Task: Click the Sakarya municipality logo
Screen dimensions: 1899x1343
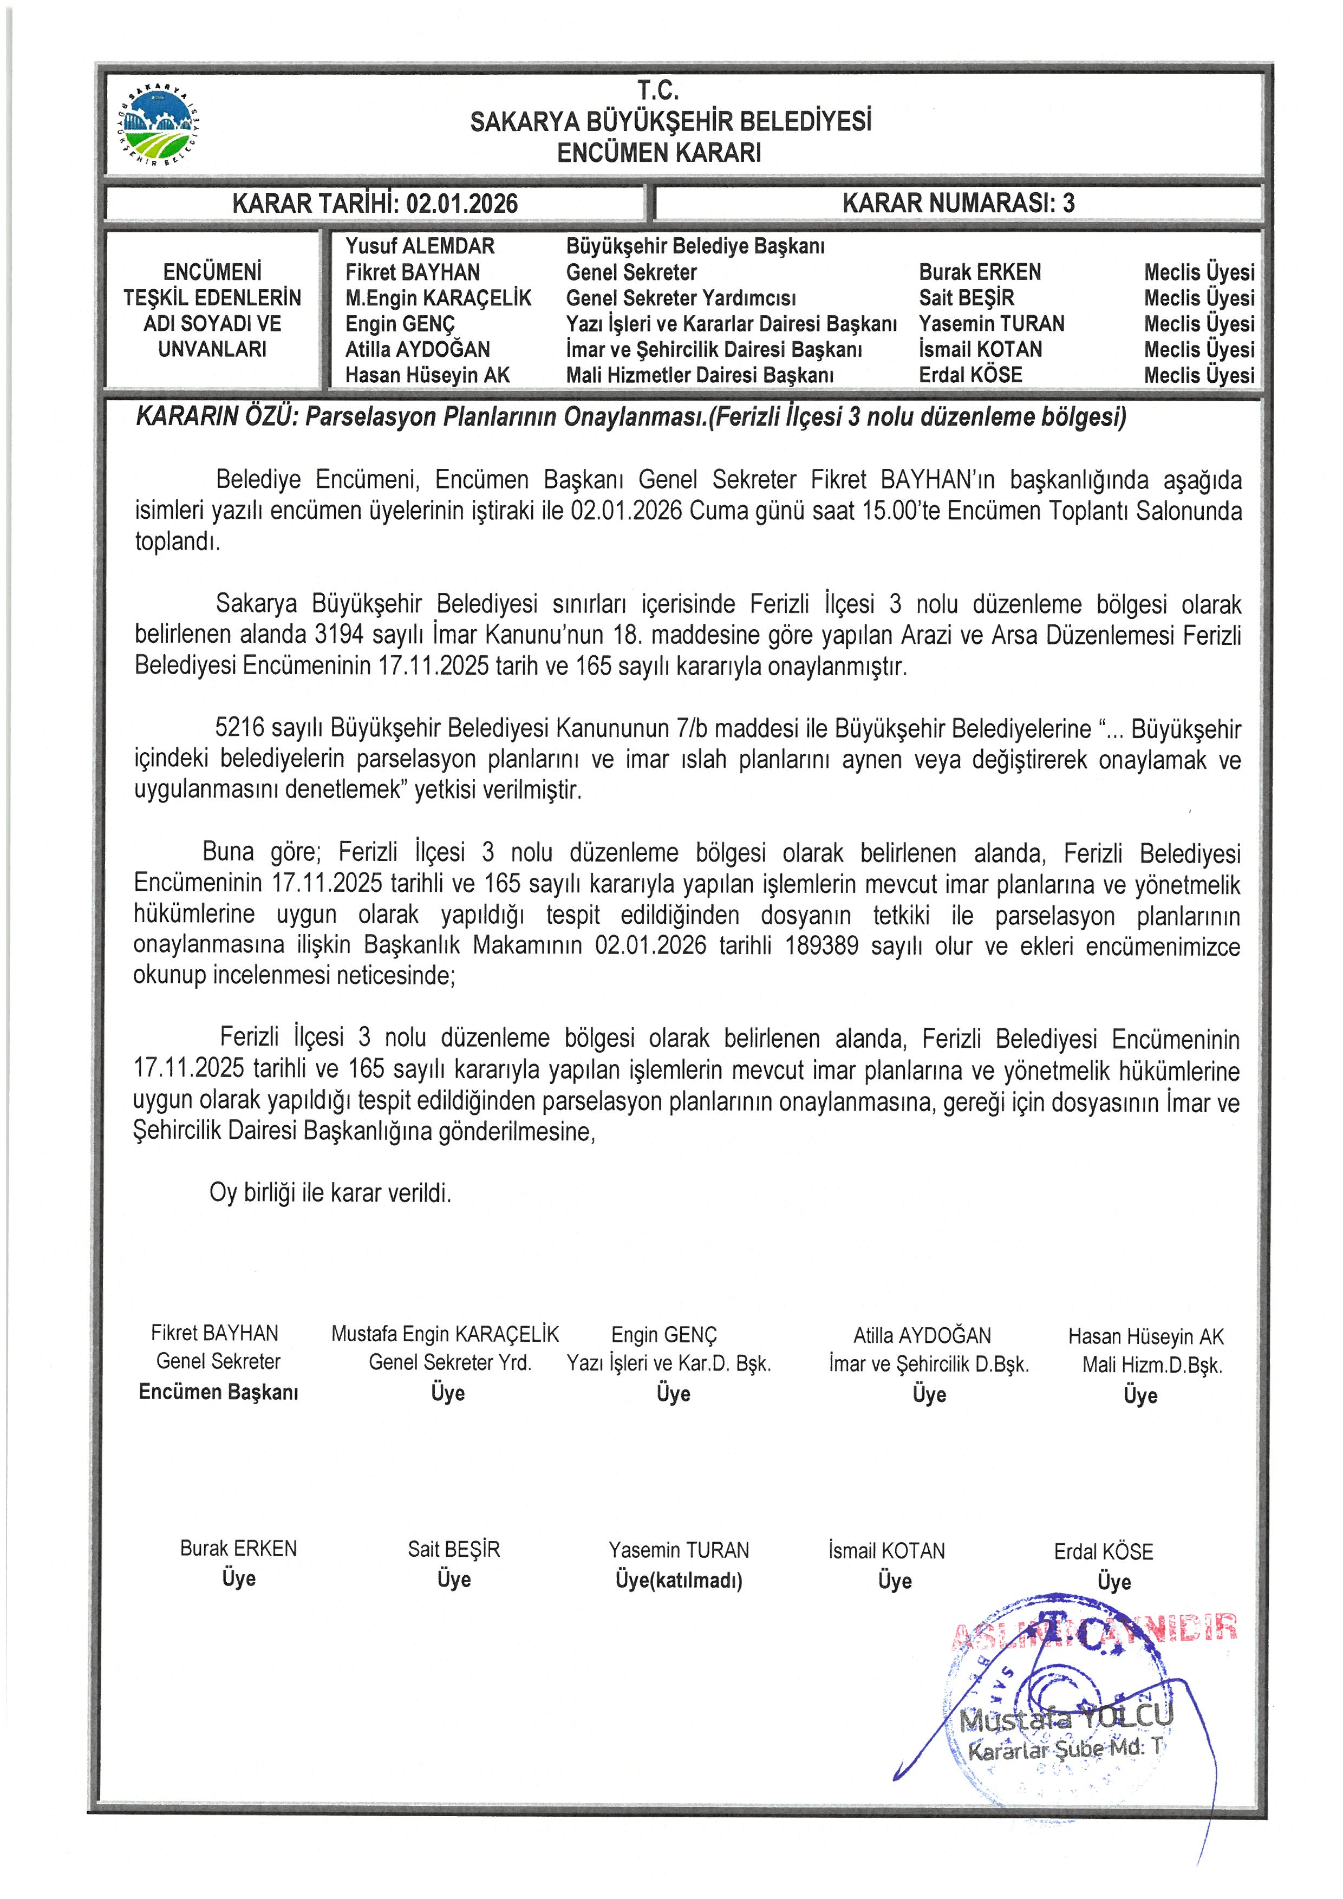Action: point(159,123)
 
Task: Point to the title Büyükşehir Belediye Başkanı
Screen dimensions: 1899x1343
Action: point(695,246)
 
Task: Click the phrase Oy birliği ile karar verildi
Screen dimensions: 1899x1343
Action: point(330,1193)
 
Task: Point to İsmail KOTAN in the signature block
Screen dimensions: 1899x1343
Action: point(886,1551)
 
